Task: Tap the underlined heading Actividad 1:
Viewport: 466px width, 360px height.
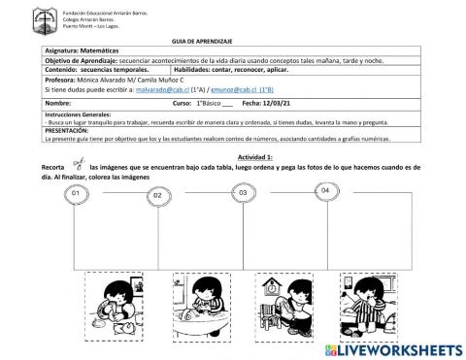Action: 254,157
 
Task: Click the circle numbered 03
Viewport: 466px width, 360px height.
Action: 243,193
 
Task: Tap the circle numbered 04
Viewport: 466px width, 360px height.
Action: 325,191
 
